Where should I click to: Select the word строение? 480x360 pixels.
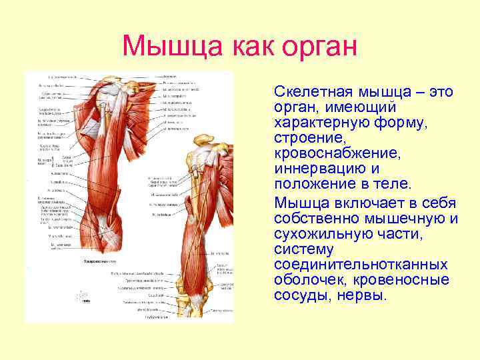(x=305, y=137)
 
